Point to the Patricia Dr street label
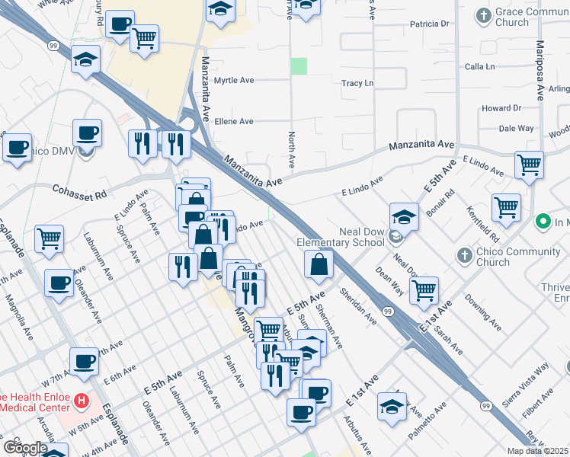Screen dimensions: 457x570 430,24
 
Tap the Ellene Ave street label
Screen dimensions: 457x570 235,121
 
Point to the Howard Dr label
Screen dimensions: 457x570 501,108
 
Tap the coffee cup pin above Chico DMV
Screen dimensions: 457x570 87,133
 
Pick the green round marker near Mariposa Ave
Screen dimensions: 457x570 543,222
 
